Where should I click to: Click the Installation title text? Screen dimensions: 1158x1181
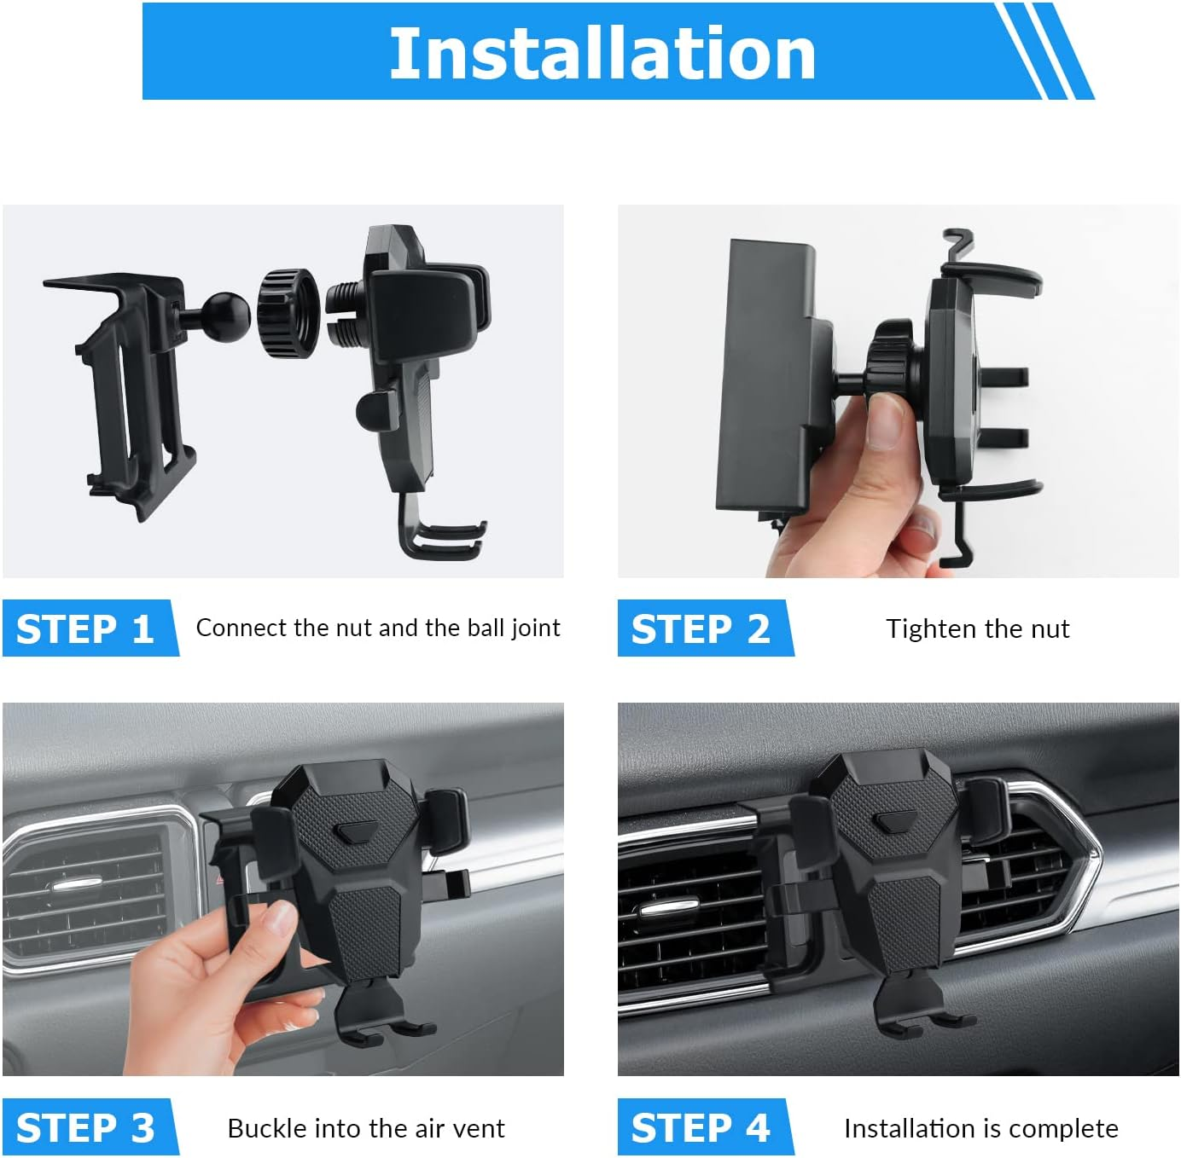click(602, 53)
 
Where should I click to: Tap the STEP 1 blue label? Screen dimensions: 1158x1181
click(85, 629)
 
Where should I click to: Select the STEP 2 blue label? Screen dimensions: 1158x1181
click(700, 629)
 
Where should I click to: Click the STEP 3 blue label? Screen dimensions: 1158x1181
click(85, 1128)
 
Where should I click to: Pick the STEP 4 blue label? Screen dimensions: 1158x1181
click(700, 1128)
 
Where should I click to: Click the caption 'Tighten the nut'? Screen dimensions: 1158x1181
click(977, 629)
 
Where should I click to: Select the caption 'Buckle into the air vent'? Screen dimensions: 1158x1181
click(366, 1128)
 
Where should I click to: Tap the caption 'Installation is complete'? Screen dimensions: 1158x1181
click(980, 1128)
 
